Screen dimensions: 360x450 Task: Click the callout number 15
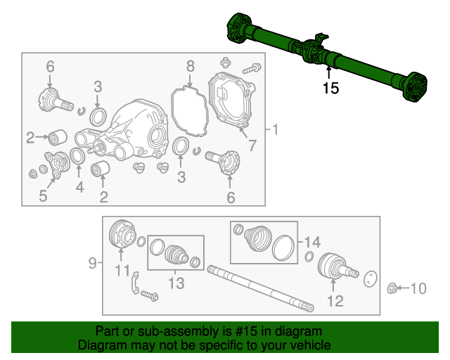coord(330,88)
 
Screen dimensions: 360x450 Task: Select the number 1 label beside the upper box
coord(275,129)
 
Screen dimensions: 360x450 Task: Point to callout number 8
coord(190,67)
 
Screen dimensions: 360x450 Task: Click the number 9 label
coord(93,264)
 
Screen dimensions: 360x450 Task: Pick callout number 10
coord(418,288)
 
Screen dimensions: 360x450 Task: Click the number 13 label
coord(175,283)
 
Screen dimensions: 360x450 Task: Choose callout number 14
coord(312,241)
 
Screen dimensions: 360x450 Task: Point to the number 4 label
coord(79,188)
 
